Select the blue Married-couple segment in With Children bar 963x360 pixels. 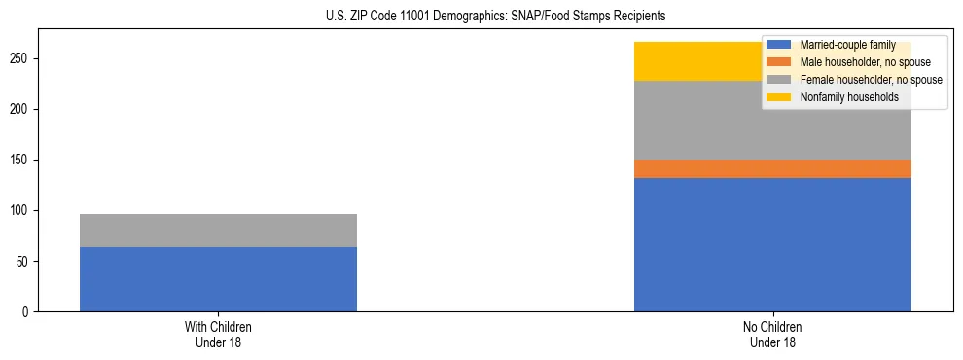pos(218,279)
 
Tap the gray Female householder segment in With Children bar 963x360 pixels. pos(218,231)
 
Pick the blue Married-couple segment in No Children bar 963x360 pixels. pos(772,244)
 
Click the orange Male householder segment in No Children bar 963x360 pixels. pos(772,168)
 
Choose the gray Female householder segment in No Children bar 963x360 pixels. pos(700,120)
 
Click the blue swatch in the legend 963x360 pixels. pos(779,45)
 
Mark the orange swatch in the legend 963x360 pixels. pos(779,62)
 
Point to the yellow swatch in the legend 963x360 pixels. pos(779,97)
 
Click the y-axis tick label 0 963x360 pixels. pos(28,312)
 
